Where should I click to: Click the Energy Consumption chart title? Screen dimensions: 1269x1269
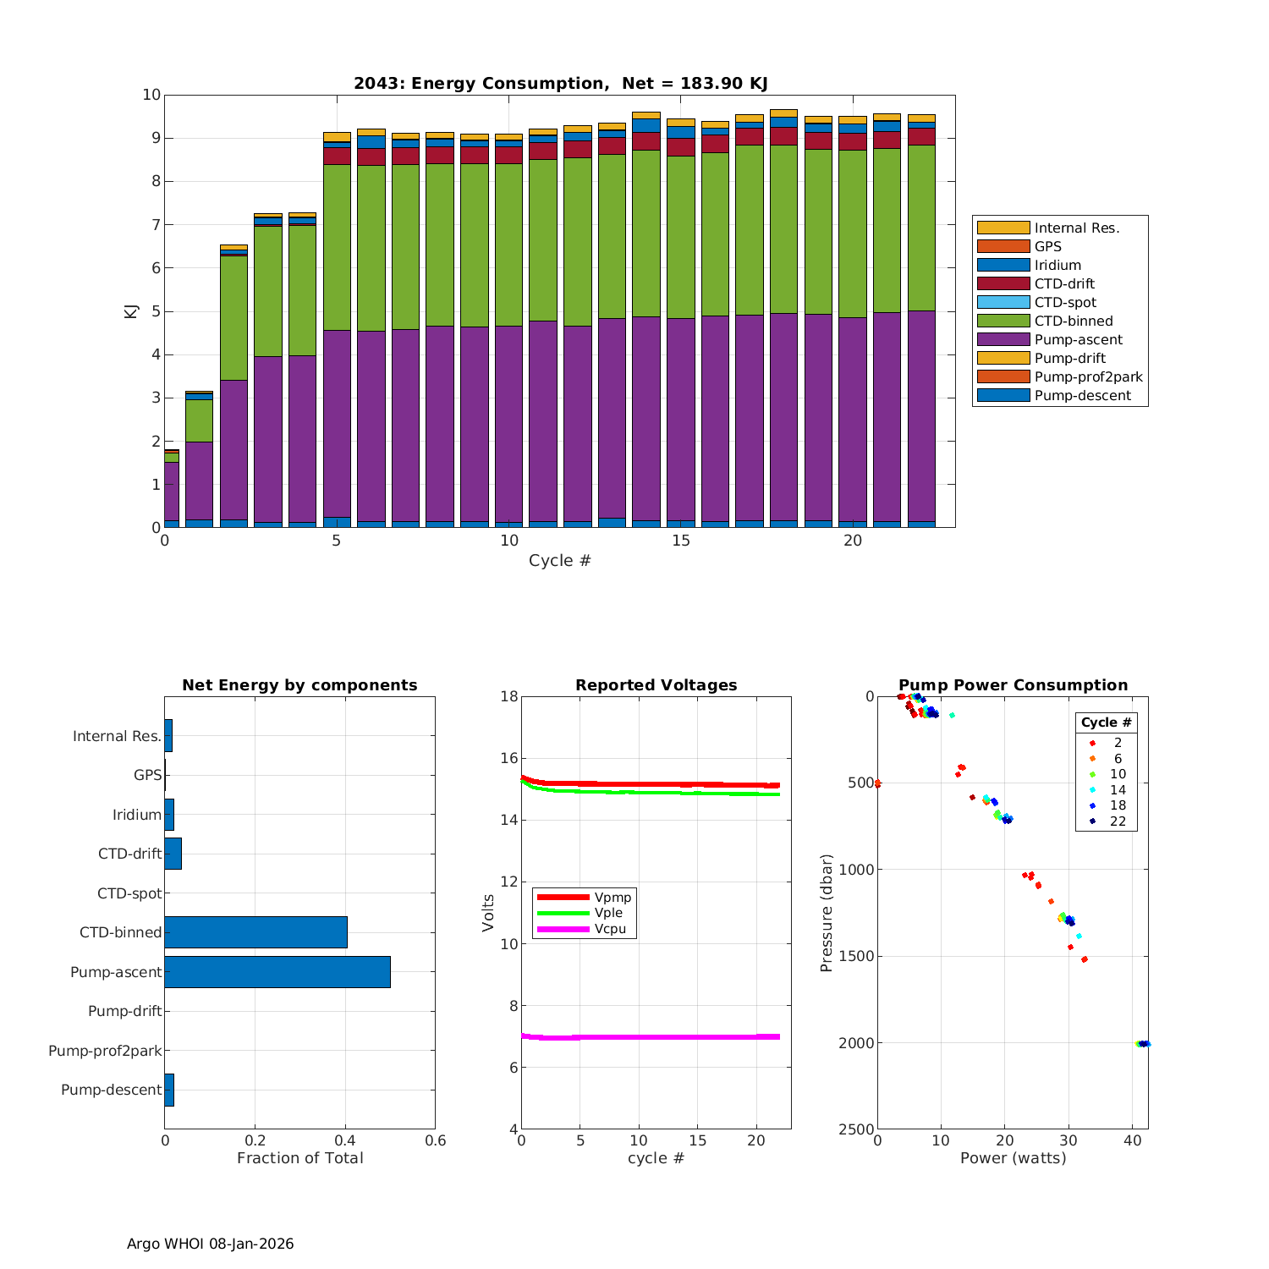pyautogui.click(x=560, y=83)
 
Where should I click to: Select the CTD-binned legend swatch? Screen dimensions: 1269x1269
pyautogui.click(x=1003, y=321)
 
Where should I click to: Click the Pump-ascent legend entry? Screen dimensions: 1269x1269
pyautogui.click(x=1078, y=339)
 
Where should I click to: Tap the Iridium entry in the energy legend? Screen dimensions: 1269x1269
pyautogui.click(x=1057, y=265)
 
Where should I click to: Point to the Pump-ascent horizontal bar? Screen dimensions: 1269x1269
pyautogui.click(x=277, y=972)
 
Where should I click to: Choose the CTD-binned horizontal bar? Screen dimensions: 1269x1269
pyautogui.click(x=255, y=932)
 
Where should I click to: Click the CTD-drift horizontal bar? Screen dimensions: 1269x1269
pyautogui.click(x=173, y=854)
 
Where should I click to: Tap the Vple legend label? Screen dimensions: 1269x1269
pyautogui.click(x=608, y=913)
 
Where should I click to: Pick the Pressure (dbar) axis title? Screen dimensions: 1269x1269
pyautogui.click(x=827, y=912)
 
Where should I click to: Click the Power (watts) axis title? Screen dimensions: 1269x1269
pyautogui.click(x=1013, y=1157)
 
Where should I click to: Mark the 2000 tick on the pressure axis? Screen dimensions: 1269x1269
pyautogui.click(x=856, y=1043)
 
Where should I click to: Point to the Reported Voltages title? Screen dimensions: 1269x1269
pyautogui.click(x=656, y=685)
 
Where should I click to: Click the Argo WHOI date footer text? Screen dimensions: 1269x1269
pyautogui.click(x=210, y=1244)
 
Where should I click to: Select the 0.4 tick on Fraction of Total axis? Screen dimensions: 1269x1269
pyautogui.click(x=345, y=1140)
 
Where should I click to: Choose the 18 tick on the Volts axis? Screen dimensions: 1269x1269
pyautogui.click(x=508, y=696)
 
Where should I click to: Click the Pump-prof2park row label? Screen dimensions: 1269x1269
pyautogui.click(x=105, y=1051)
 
